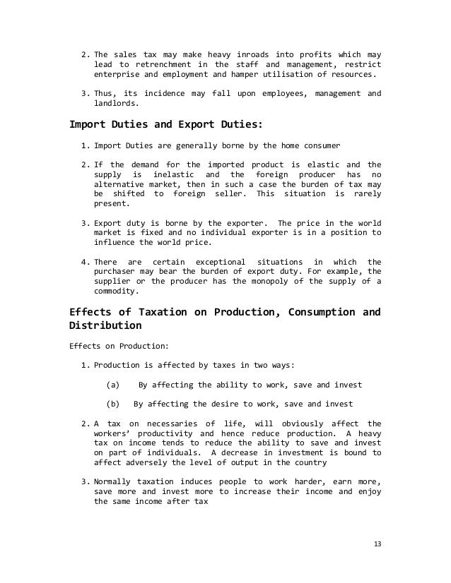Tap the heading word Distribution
[105, 326]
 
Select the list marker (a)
[112, 385]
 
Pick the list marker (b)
[112, 404]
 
